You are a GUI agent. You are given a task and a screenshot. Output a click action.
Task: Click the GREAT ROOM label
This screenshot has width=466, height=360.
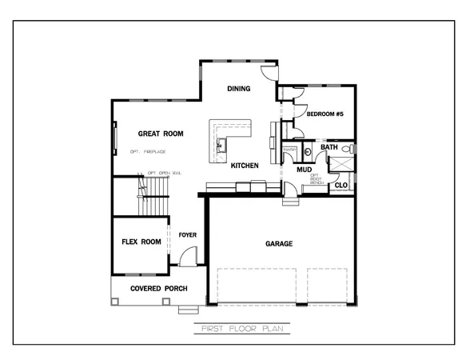tap(161, 134)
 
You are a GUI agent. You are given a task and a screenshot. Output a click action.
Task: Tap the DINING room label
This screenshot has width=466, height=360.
tap(238, 89)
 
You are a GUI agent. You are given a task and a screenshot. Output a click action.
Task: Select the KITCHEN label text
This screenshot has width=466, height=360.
tap(245, 166)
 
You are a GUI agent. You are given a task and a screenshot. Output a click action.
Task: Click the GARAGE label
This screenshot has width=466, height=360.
tap(279, 244)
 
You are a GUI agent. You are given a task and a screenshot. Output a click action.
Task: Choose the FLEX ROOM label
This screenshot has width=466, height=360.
tap(141, 242)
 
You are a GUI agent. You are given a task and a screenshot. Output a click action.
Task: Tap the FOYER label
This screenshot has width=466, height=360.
tap(188, 235)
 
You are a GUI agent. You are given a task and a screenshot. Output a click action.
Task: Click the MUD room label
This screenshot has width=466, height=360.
tap(304, 170)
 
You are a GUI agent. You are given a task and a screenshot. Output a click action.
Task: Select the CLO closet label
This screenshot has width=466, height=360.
tap(341, 186)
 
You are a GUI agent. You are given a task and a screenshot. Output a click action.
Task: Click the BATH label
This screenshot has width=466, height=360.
tap(329, 147)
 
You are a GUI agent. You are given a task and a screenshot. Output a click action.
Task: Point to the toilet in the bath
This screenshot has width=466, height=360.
tap(347, 149)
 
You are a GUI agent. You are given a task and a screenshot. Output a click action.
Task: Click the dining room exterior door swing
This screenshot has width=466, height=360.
tap(271, 72)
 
